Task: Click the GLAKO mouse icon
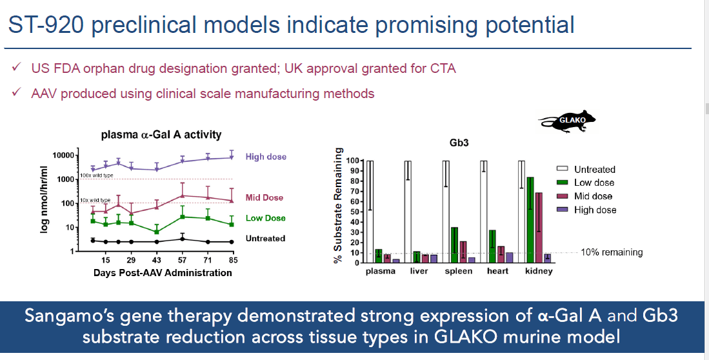pos(568,121)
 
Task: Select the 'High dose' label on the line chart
pos(266,157)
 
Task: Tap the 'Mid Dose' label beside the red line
pos(265,197)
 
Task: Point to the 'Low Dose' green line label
pos(265,218)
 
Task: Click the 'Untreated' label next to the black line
pos(265,239)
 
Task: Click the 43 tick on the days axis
pos(156,260)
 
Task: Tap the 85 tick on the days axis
pos(233,260)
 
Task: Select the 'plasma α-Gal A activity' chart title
pos(161,135)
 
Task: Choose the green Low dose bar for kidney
pos(530,219)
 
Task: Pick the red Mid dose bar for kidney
pos(538,228)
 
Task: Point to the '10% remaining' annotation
pos(612,252)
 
